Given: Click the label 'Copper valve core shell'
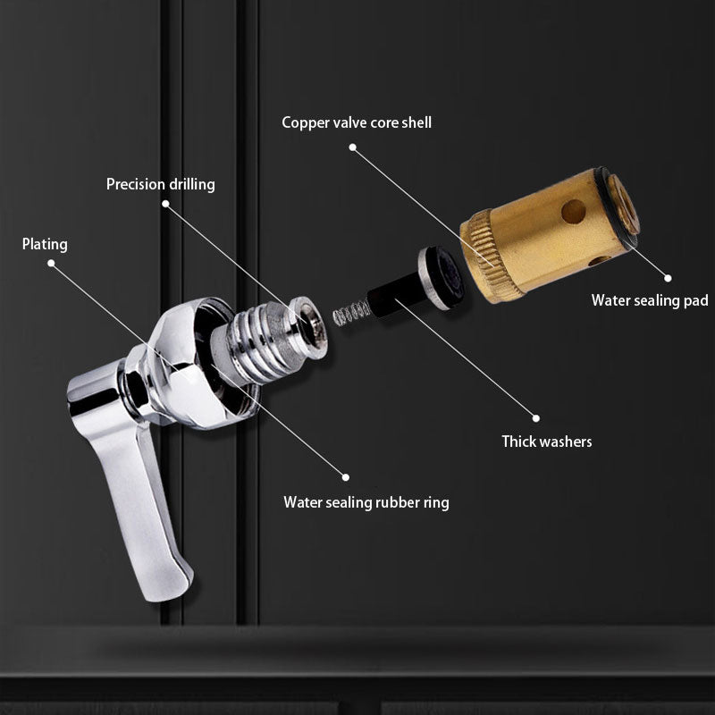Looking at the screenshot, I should coord(357,122).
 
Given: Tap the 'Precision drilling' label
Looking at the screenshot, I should coord(161,185).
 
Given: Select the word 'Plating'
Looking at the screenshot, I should coord(45,244).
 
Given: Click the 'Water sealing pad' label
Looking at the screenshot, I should coord(649,300).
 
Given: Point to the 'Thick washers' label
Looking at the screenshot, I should coord(546,442).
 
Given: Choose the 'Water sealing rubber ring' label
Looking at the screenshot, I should coord(366,502).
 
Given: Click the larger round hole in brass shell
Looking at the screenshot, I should coord(573,211).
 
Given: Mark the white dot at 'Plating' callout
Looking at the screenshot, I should coord(51,264).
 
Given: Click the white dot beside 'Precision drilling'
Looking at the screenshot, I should coord(166,204).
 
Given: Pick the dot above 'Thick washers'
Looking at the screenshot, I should coord(536,416).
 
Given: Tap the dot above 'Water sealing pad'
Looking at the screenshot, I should coord(667,277).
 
